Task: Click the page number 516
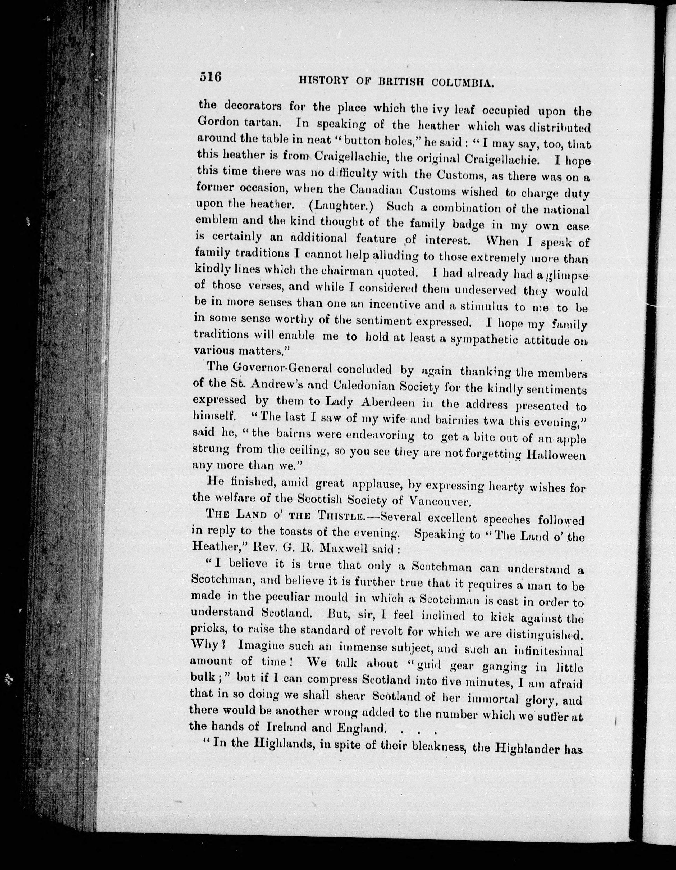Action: click(x=210, y=76)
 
